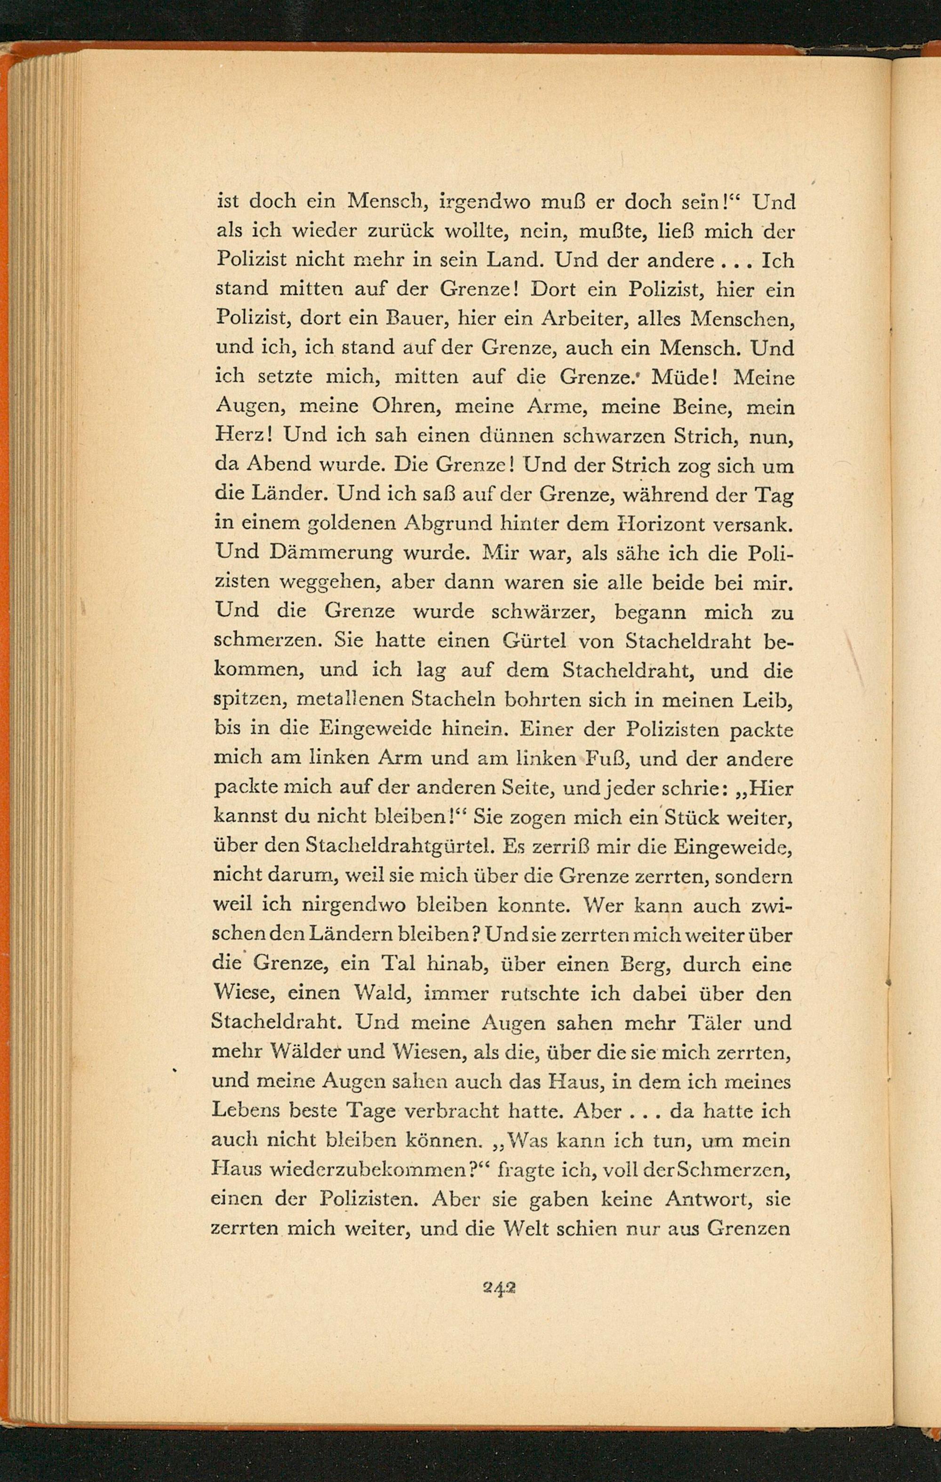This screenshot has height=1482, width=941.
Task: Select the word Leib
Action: (770, 700)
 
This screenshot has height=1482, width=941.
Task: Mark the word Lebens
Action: (243, 1110)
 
